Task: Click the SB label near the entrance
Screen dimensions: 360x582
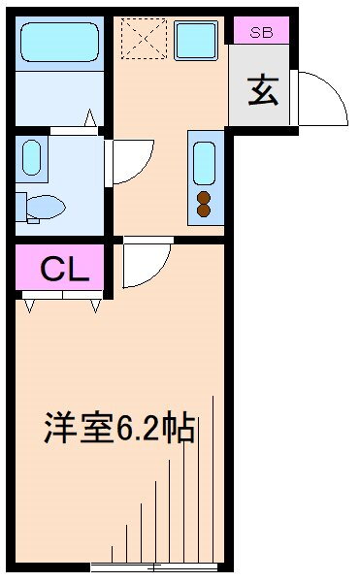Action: click(x=261, y=32)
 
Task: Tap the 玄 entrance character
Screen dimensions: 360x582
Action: click(x=263, y=90)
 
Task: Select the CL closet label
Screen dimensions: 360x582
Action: click(x=65, y=269)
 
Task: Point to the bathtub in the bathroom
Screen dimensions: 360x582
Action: click(x=60, y=42)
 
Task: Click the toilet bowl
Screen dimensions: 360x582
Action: click(x=46, y=207)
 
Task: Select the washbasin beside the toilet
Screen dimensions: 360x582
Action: click(x=32, y=157)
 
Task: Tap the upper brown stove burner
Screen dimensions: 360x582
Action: click(x=204, y=198)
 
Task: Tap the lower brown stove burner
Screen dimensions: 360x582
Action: click(x=204, y=210)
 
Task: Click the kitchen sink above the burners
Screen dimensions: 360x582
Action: click(x=204, y=163)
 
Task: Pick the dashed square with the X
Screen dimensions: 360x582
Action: click(x=144, y=39)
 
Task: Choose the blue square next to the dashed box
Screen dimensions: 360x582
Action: click(x=196, y=40)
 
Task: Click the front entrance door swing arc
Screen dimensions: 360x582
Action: click(x=336, y=87)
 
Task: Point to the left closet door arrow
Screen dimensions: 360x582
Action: click(x=30, y=307)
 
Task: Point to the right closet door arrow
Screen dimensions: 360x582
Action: click(x=96, y=307)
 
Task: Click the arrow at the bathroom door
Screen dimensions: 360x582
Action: click(x=90, y=117)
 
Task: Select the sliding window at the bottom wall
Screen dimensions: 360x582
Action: click(x=154, y=567)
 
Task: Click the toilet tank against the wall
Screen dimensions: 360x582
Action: click(x=21, y=207)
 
